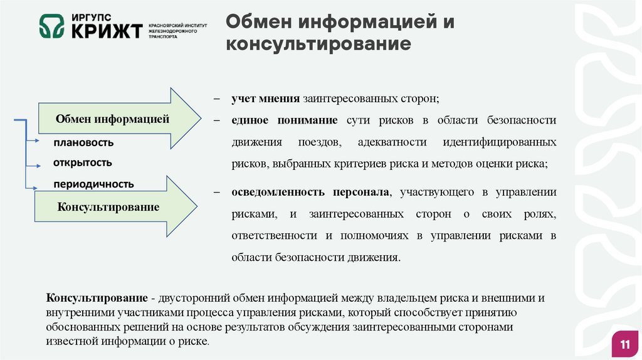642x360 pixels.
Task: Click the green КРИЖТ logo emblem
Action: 52,26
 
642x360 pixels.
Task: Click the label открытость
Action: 83,163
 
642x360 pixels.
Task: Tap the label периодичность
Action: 93,184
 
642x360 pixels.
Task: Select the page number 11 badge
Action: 624,344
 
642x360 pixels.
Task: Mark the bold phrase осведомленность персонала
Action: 310,192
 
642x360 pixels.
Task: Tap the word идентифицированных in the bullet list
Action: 499,142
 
